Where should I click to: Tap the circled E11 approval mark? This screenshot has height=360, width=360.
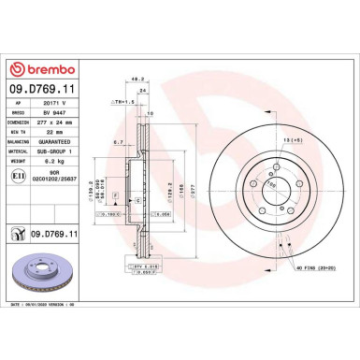pos(17,175)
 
